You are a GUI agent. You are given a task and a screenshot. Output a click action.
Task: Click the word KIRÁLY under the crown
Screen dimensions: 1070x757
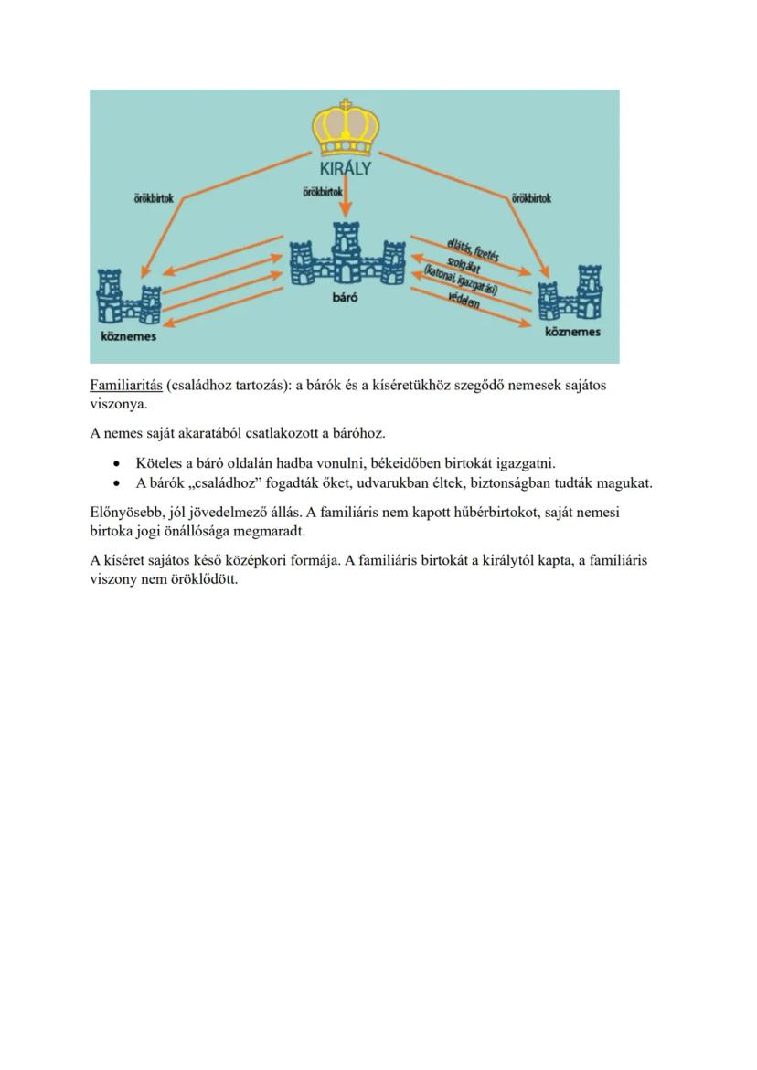pos(346,169)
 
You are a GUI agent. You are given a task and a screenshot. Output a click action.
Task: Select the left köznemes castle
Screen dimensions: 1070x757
pos(129,297)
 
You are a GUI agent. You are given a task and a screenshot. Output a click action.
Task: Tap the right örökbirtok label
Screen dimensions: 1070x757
pos(531,197)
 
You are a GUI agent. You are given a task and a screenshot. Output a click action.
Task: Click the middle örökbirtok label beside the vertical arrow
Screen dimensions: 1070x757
pos(321,192)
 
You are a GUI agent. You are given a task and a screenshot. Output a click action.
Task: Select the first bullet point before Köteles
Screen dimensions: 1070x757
pos(116,463)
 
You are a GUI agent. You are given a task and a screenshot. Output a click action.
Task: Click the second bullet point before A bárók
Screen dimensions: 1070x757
pos(116,482)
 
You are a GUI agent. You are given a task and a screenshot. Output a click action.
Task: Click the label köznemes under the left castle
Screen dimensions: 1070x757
pos(128,335)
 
